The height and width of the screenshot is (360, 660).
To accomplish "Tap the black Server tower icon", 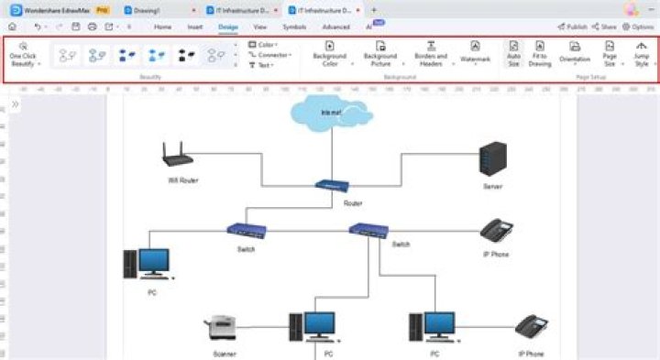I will [x=493, y=159].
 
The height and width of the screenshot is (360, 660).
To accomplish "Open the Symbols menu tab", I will [x=294, y=27].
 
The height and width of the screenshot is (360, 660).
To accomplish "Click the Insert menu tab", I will [x=195, y=27].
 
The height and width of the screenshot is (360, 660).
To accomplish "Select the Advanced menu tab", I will [x=335, y=27].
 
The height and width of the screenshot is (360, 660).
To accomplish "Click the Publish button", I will [x=573, y=27].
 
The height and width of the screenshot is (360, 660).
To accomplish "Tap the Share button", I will [x=605, y=27].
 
